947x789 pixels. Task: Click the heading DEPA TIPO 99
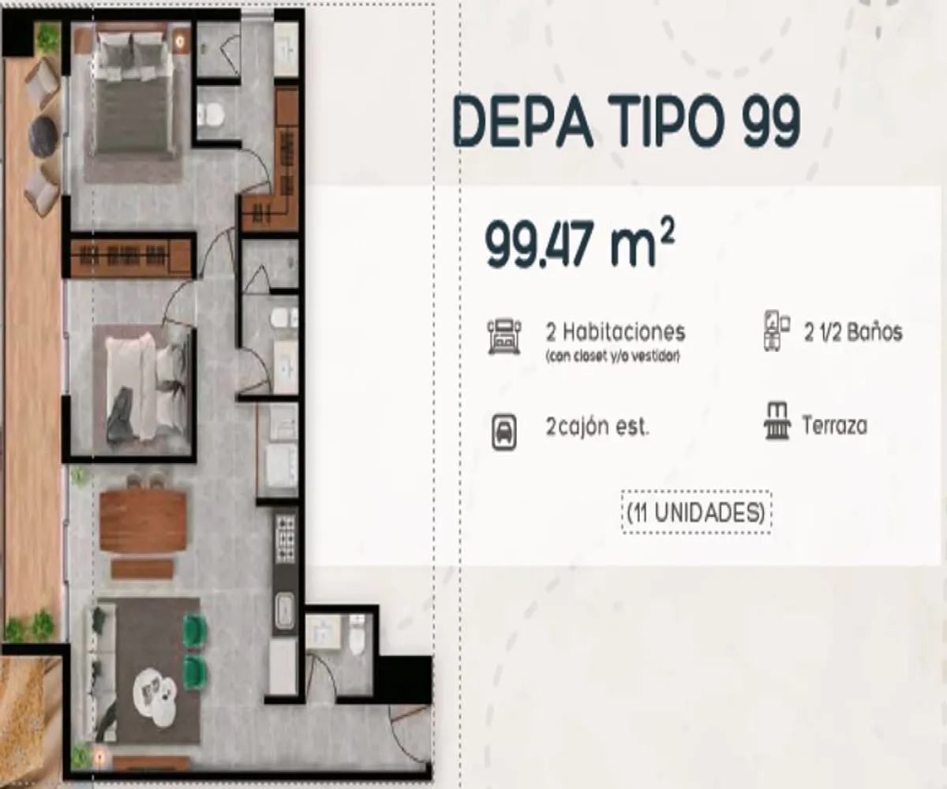pos(626,123)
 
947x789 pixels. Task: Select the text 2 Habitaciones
pos(615,331)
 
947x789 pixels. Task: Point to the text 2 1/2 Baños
pos(852,332)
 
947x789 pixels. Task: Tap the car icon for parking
pos(505,432)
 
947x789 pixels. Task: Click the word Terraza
pos(834,426)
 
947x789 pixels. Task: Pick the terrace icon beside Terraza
pos(777,422)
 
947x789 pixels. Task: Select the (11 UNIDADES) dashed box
pos(696,513)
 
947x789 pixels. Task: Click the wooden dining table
pos(144,522)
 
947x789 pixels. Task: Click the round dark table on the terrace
pos(44,136)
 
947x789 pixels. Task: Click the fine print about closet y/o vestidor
pos(612,356)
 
